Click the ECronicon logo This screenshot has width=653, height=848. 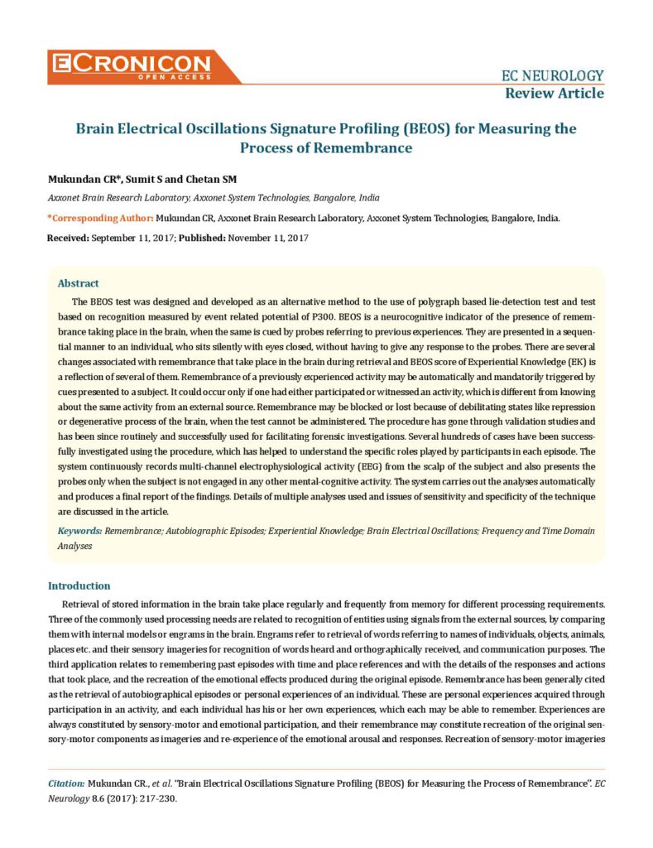pos(143,65)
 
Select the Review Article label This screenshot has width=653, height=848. pos(555,93)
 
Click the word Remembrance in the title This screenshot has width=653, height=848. pos(361,148)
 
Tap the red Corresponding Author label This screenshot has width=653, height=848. pos(100,218)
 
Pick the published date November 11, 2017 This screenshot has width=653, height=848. pos(268,238)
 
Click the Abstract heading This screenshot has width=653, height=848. pos(79,283)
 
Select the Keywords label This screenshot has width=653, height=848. pos(80,530)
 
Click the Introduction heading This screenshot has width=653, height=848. pos(79,585)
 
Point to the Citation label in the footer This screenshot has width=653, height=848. pos(66,783)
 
